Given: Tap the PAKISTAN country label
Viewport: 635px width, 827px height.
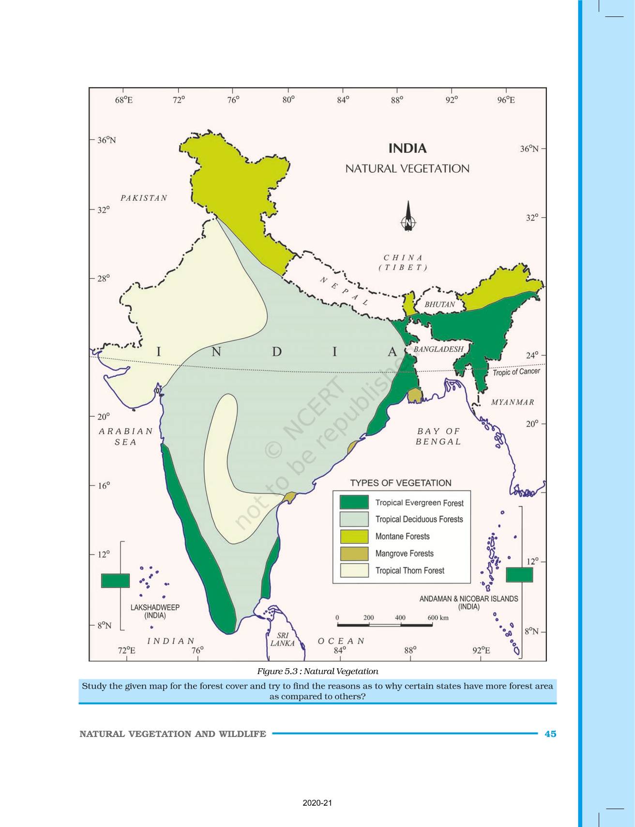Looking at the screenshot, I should [144, 198].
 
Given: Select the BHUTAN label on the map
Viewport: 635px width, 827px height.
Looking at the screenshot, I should [439, 304].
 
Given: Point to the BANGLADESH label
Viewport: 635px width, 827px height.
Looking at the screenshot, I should [438, 349].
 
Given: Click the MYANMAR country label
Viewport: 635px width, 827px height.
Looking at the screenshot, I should [513, 402].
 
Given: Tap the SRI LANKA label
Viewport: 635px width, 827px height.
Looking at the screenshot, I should [283, 639].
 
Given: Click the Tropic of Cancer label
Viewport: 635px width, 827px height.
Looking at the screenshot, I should [516, 372].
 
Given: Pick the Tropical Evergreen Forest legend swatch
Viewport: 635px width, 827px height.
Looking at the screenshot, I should [354, 502].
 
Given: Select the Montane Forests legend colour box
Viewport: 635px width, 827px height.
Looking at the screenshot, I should [354, 536].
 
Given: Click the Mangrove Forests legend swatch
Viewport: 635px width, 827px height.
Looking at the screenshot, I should [354, 554].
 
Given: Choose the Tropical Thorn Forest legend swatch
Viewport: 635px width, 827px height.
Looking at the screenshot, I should [354, 571].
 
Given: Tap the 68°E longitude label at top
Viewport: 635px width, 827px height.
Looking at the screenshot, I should [123, 100].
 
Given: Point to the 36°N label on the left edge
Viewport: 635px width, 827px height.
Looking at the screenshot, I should [106, 140].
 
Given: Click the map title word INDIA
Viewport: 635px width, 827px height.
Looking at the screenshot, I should [408, 148].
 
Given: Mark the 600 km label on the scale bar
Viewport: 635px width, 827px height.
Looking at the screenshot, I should [438, 617].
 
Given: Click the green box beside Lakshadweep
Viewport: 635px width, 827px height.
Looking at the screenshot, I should [115, 580].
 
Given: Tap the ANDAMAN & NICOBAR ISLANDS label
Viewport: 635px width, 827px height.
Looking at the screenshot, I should [469, 602].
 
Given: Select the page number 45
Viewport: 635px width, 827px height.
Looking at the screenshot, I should [550, 734].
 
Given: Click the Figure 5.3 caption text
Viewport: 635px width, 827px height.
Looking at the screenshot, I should [317, 671].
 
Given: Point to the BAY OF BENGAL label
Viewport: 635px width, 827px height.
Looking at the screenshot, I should [438, 436].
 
